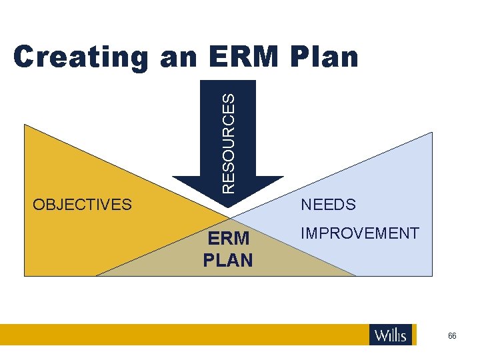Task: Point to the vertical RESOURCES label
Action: click(228, 143)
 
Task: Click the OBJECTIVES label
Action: click(83, 205)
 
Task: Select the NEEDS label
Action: click(329, 205)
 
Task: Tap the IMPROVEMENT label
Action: click(360, 233)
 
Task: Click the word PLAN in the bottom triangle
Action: click(228, 260)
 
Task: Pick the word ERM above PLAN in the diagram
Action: click(228, 239)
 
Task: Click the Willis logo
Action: click(391, 335)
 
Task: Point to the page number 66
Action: click(453, 336)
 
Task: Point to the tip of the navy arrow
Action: click(228, 215)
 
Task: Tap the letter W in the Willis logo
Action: click(381, 335)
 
